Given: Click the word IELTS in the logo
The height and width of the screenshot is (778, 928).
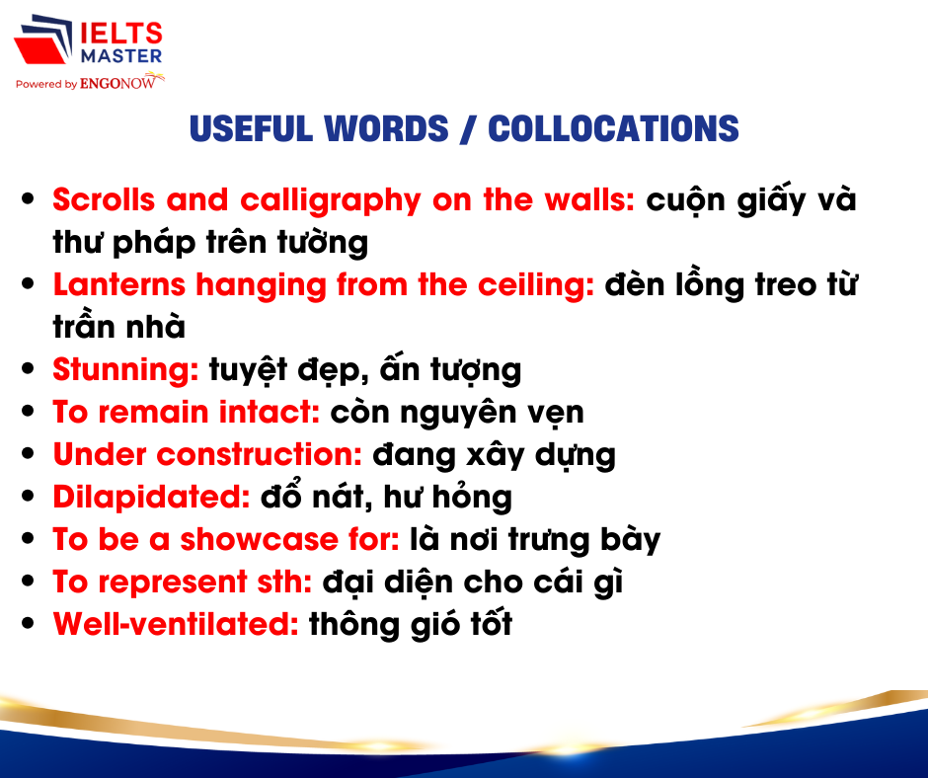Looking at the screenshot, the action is coord(121,34).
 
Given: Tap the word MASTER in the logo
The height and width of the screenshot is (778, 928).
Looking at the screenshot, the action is coord(121,56).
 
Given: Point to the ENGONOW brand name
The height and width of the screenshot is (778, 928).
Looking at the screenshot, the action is coord(118,84).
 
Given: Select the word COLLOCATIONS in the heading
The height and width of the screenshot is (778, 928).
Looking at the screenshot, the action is coord(613,128).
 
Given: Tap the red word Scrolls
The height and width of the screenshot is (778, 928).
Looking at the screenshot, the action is coord(104,199).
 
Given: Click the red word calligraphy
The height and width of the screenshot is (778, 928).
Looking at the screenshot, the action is coord(331,201).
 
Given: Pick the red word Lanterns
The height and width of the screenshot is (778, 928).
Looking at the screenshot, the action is coord(118,284).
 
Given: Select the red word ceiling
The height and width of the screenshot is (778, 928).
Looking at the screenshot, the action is coord(535,286).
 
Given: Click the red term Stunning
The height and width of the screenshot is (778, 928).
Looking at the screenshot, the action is coord(125,370).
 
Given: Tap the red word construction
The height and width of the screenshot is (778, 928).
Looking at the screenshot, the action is coord(260,455).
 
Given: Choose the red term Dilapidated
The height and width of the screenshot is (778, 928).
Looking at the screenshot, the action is coord(151,498).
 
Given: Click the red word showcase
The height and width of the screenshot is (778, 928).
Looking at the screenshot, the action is coord(259,539).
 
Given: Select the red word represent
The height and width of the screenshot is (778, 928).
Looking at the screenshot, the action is coord(172,583).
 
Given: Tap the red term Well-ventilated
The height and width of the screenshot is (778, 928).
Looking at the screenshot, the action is coord(176,624).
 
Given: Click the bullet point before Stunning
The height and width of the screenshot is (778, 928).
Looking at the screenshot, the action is coord(28,369).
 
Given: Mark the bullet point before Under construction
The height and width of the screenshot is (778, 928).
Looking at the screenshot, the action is coord(28,453).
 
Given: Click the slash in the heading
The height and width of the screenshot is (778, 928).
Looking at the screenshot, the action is coord(468,128).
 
